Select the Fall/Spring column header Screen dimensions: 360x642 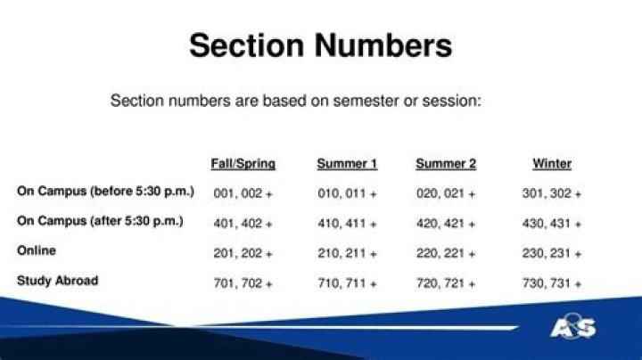[243, 164]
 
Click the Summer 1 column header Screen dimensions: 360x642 [347, 164]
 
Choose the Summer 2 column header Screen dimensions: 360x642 [446, 164]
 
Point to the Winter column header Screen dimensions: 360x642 [552, 164]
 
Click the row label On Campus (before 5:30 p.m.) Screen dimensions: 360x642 [105, 192]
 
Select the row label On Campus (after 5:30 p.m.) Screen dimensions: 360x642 [100, 221]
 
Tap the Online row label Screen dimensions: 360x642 [37, 251]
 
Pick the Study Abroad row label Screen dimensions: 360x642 [57, 281]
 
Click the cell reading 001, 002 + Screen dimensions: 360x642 [243, 193]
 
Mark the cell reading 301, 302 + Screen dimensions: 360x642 [552, 193]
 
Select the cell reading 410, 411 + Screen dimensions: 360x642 [347, 224]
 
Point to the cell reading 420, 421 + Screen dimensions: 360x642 [446, 224]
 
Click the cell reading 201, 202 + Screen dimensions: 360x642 [243, 254]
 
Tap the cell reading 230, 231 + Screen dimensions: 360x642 [552, 254]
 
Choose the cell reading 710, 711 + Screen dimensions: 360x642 [347, 284]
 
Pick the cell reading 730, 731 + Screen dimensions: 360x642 [552, 284]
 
